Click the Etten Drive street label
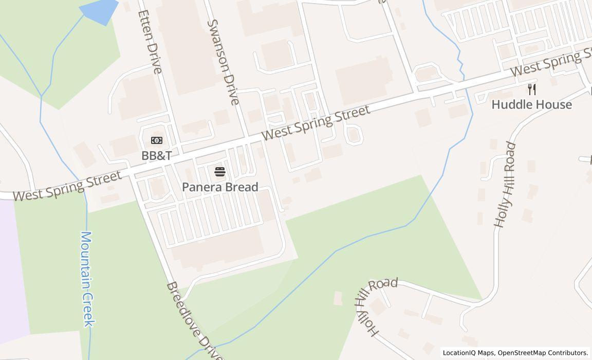click(150, 42)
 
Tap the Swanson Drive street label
click(224, 62)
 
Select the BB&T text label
click(157, 155)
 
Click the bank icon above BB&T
click(157, 140)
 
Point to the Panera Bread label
click(220, 187)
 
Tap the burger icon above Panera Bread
click(220, 172)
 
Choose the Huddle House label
click(531, 105)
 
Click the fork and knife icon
click(532, 89)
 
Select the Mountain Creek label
click(87, 279)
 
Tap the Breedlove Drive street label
click(195, 321)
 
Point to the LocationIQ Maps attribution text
click(469, 353)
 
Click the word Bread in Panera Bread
click(242, 187)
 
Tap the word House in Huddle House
click(552, 105)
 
